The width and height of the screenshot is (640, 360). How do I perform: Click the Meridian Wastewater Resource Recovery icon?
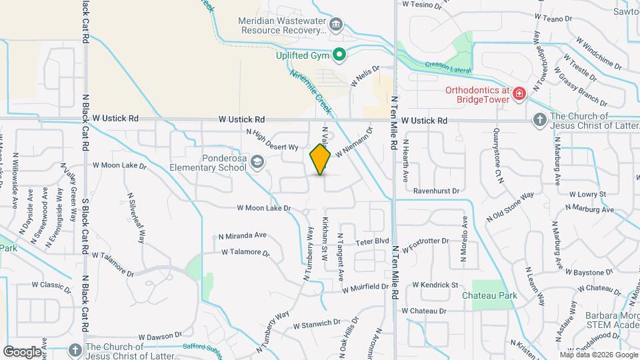click(337, 25)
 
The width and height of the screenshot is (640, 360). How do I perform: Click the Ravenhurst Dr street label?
click(436, 191)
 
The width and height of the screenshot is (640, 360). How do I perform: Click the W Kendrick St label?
click(435, 285)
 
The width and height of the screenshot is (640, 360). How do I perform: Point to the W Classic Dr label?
click(51, 285)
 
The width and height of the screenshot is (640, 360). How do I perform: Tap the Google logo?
click(22, 351)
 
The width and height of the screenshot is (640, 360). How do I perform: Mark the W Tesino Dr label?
click(422, 4)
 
